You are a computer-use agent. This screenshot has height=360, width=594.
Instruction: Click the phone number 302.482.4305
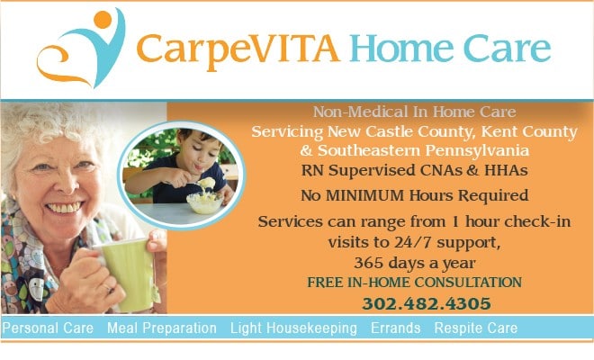click(427, 303)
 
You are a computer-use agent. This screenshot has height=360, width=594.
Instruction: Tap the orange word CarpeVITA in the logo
click(238, 50)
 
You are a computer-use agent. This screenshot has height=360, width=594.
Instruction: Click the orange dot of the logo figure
click(103, 20)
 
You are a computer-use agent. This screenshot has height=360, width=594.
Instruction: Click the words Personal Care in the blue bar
click(48, 328)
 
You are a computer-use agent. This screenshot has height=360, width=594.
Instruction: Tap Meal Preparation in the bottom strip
click(162, 328)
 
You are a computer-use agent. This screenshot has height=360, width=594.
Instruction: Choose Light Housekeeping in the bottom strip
click(293, 328)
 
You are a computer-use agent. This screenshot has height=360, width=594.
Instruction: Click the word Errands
click(395, 328)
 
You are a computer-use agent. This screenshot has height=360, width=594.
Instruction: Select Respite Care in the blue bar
click(476, 328)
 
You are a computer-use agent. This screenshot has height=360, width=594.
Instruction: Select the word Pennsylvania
click(477, 151)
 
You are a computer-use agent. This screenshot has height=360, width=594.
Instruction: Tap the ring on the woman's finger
click(108, 289)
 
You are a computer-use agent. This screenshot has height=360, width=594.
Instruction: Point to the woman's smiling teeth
click(65, 208)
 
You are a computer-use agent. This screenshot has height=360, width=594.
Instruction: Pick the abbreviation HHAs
click(506, 170)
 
